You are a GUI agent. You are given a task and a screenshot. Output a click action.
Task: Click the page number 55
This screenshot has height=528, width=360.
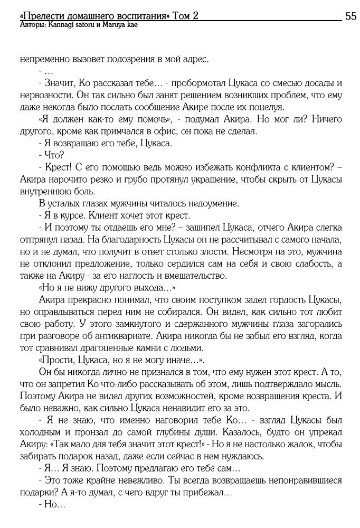350,16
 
